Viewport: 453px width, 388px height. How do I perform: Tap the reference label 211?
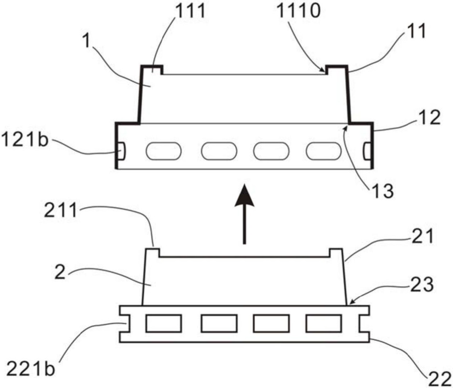point(61,211)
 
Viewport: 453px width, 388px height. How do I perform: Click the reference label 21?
point(423,236)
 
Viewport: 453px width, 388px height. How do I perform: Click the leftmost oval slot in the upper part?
point(164,151)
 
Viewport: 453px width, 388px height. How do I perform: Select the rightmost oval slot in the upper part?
point(324,151)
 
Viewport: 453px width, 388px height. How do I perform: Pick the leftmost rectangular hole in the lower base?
point(164,323)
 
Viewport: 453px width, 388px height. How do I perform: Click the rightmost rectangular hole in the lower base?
point(324,323)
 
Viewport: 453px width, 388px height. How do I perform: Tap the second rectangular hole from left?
point(219,323)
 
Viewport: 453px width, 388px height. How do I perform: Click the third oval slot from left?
point(271,151)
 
